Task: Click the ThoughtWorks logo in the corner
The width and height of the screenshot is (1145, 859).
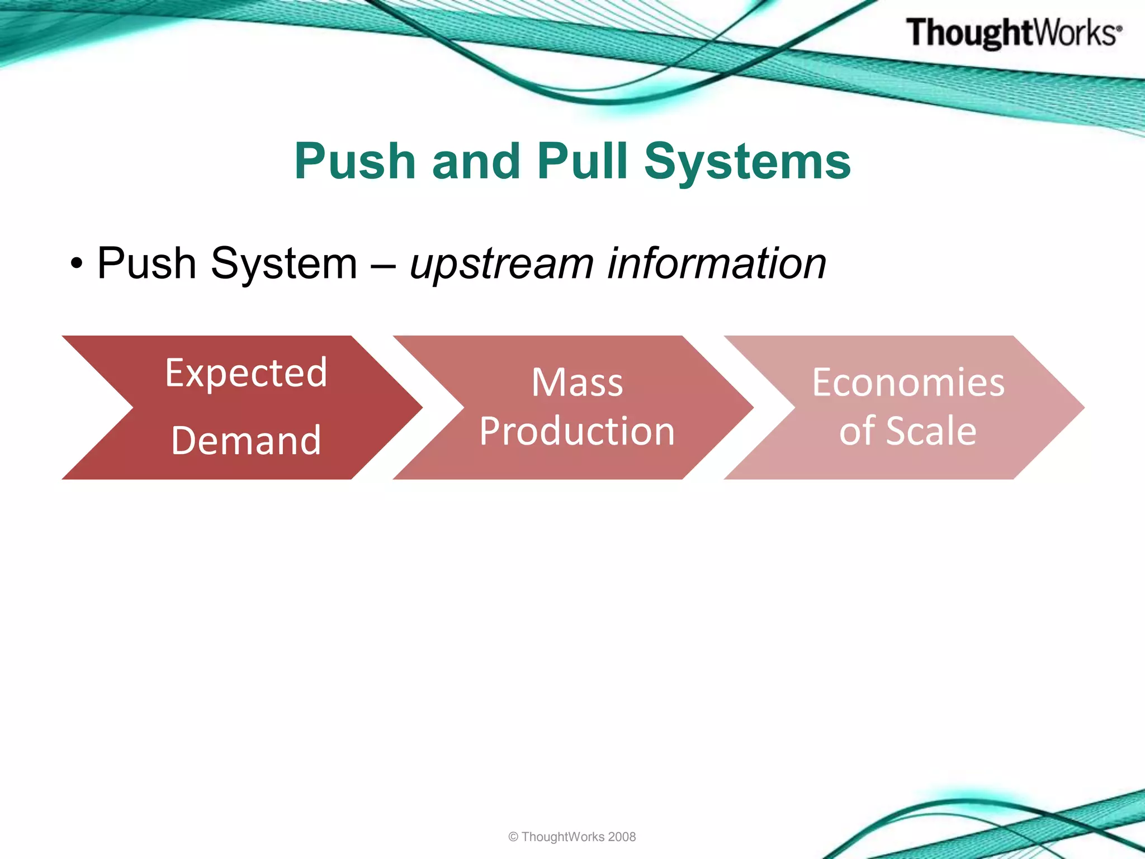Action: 1012,32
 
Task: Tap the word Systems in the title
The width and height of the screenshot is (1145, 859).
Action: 747,162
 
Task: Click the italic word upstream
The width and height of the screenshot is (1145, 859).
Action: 501,265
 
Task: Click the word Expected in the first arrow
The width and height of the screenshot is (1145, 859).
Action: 246,373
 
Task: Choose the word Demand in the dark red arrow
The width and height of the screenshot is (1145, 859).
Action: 246,441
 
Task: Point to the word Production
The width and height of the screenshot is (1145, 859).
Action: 577,431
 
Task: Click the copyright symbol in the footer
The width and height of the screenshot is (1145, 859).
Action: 513,837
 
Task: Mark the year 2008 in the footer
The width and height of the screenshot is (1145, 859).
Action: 622,837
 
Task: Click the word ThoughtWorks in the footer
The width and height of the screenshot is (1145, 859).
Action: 562,837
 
